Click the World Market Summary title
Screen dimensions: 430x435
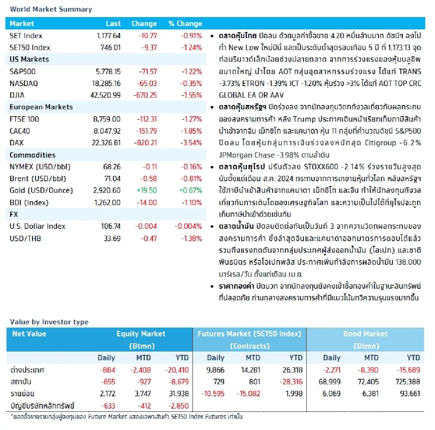[51, 9]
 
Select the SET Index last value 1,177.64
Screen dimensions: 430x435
[108, 36]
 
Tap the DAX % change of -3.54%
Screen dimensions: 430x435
[191, 143]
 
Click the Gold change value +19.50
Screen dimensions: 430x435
[146, 190]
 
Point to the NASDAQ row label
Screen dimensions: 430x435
[24, 84]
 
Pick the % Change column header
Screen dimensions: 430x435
[185, 24]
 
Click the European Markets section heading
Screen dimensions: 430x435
[41, 107]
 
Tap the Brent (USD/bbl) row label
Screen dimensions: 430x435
[38, 179]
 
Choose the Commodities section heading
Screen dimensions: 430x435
[32, 155]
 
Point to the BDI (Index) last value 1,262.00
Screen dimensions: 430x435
[107, 203]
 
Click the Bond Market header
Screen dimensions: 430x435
[365, 334]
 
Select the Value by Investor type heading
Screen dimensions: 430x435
[49, 322]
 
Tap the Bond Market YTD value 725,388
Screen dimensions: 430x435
[408, 382]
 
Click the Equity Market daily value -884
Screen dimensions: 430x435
[107, 370]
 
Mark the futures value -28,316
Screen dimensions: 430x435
[291, 382]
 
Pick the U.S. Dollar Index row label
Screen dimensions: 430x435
[37, 226]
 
